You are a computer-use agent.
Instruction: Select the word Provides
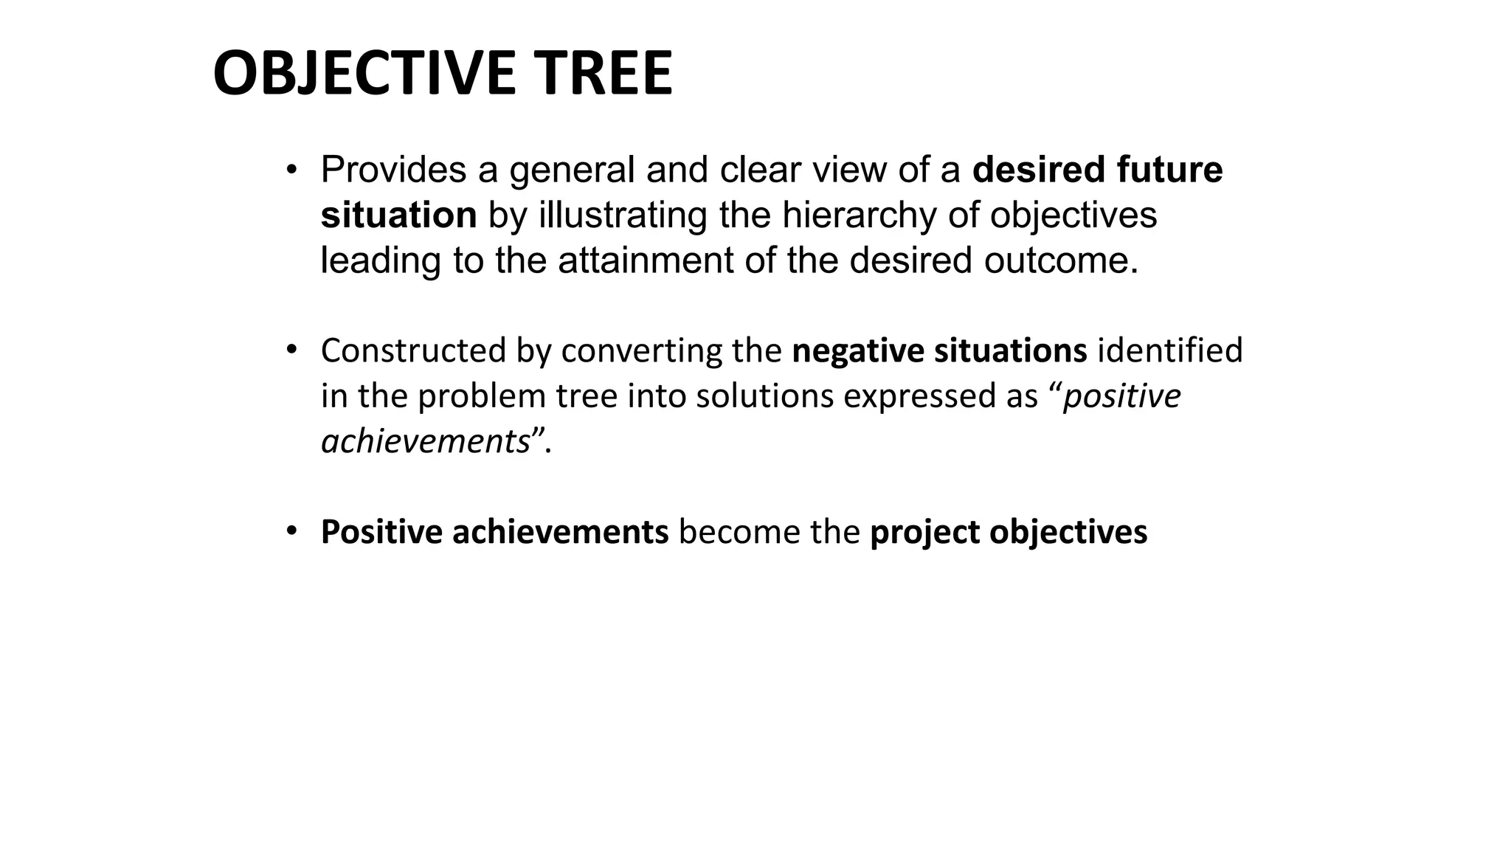pyautogui.click(x=393, y=170)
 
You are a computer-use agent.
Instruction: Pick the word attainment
pyautogui.click(x=646, y=260)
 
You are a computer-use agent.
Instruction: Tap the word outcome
pyautogui.click(x=1061, y=260)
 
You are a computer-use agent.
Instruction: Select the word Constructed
pyautogui.click(x=413, y=350)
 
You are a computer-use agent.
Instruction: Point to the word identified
pyautogui.click(x=1170, y=350)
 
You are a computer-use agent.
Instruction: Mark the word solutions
pyautogui.click(x=764, y=396)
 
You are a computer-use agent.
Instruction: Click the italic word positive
pyautogui.click(x=1121, y=396)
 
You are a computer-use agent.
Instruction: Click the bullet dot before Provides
pyautogui.click(x=291, y=170)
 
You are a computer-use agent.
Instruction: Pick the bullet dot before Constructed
pyautogui.click(x=291, y=348)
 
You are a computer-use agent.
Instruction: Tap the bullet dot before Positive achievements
pyautogui.click(x=291, y=531)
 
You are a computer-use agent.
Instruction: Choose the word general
pyautogui.click(x=572, y=171)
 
